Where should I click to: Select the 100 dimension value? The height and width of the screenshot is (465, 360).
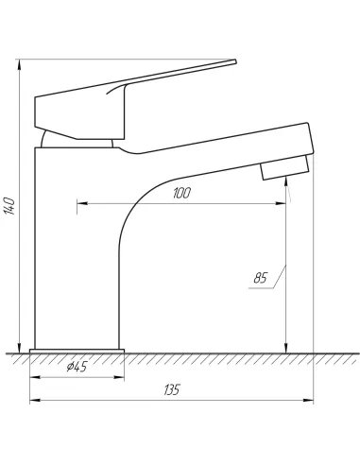point(182,193)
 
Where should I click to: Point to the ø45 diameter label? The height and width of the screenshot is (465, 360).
point(77,367)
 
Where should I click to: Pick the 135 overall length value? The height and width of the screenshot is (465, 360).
point(171,389)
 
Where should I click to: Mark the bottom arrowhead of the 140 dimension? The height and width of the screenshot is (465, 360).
point(19,344)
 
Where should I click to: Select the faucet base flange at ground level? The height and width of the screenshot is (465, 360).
point(77,352)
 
